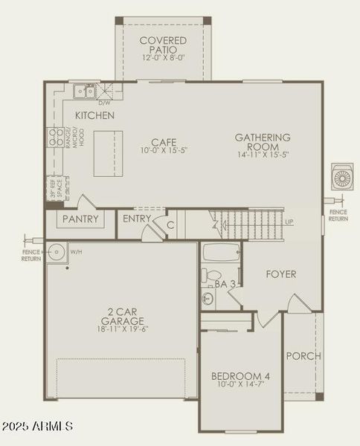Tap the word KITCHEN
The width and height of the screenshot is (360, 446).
click(x=94, y=116)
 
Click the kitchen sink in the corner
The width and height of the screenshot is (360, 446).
click(x=85, y=91)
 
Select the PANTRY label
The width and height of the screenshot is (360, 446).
click(x=81, y=219)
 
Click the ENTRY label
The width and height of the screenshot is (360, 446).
click(x=137, y=219)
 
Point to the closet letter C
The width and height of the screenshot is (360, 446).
click(x=170, y=225)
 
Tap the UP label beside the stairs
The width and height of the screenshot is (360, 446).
click(x=289, y=222)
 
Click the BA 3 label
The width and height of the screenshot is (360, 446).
click(x=224, y=283)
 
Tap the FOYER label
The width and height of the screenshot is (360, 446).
click(x=281, y=274)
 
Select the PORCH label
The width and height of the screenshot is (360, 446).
click(x=303, y=356)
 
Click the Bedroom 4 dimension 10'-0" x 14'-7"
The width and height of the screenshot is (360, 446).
click(x=240, y=385)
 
